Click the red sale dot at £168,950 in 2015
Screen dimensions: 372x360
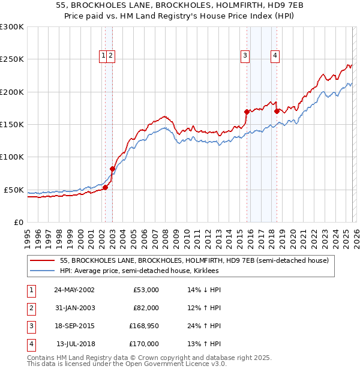tap(247, 112)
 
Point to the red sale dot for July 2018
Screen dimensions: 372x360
tap(277, 111)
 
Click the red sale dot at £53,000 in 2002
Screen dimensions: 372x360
tap(105, 187)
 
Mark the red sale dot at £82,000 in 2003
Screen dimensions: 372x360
tap(112, 169)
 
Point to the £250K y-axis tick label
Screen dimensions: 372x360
tap(12, 59)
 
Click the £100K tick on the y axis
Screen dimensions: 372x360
tap(12, 157)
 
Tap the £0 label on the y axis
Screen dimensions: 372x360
tap(17, 222)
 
